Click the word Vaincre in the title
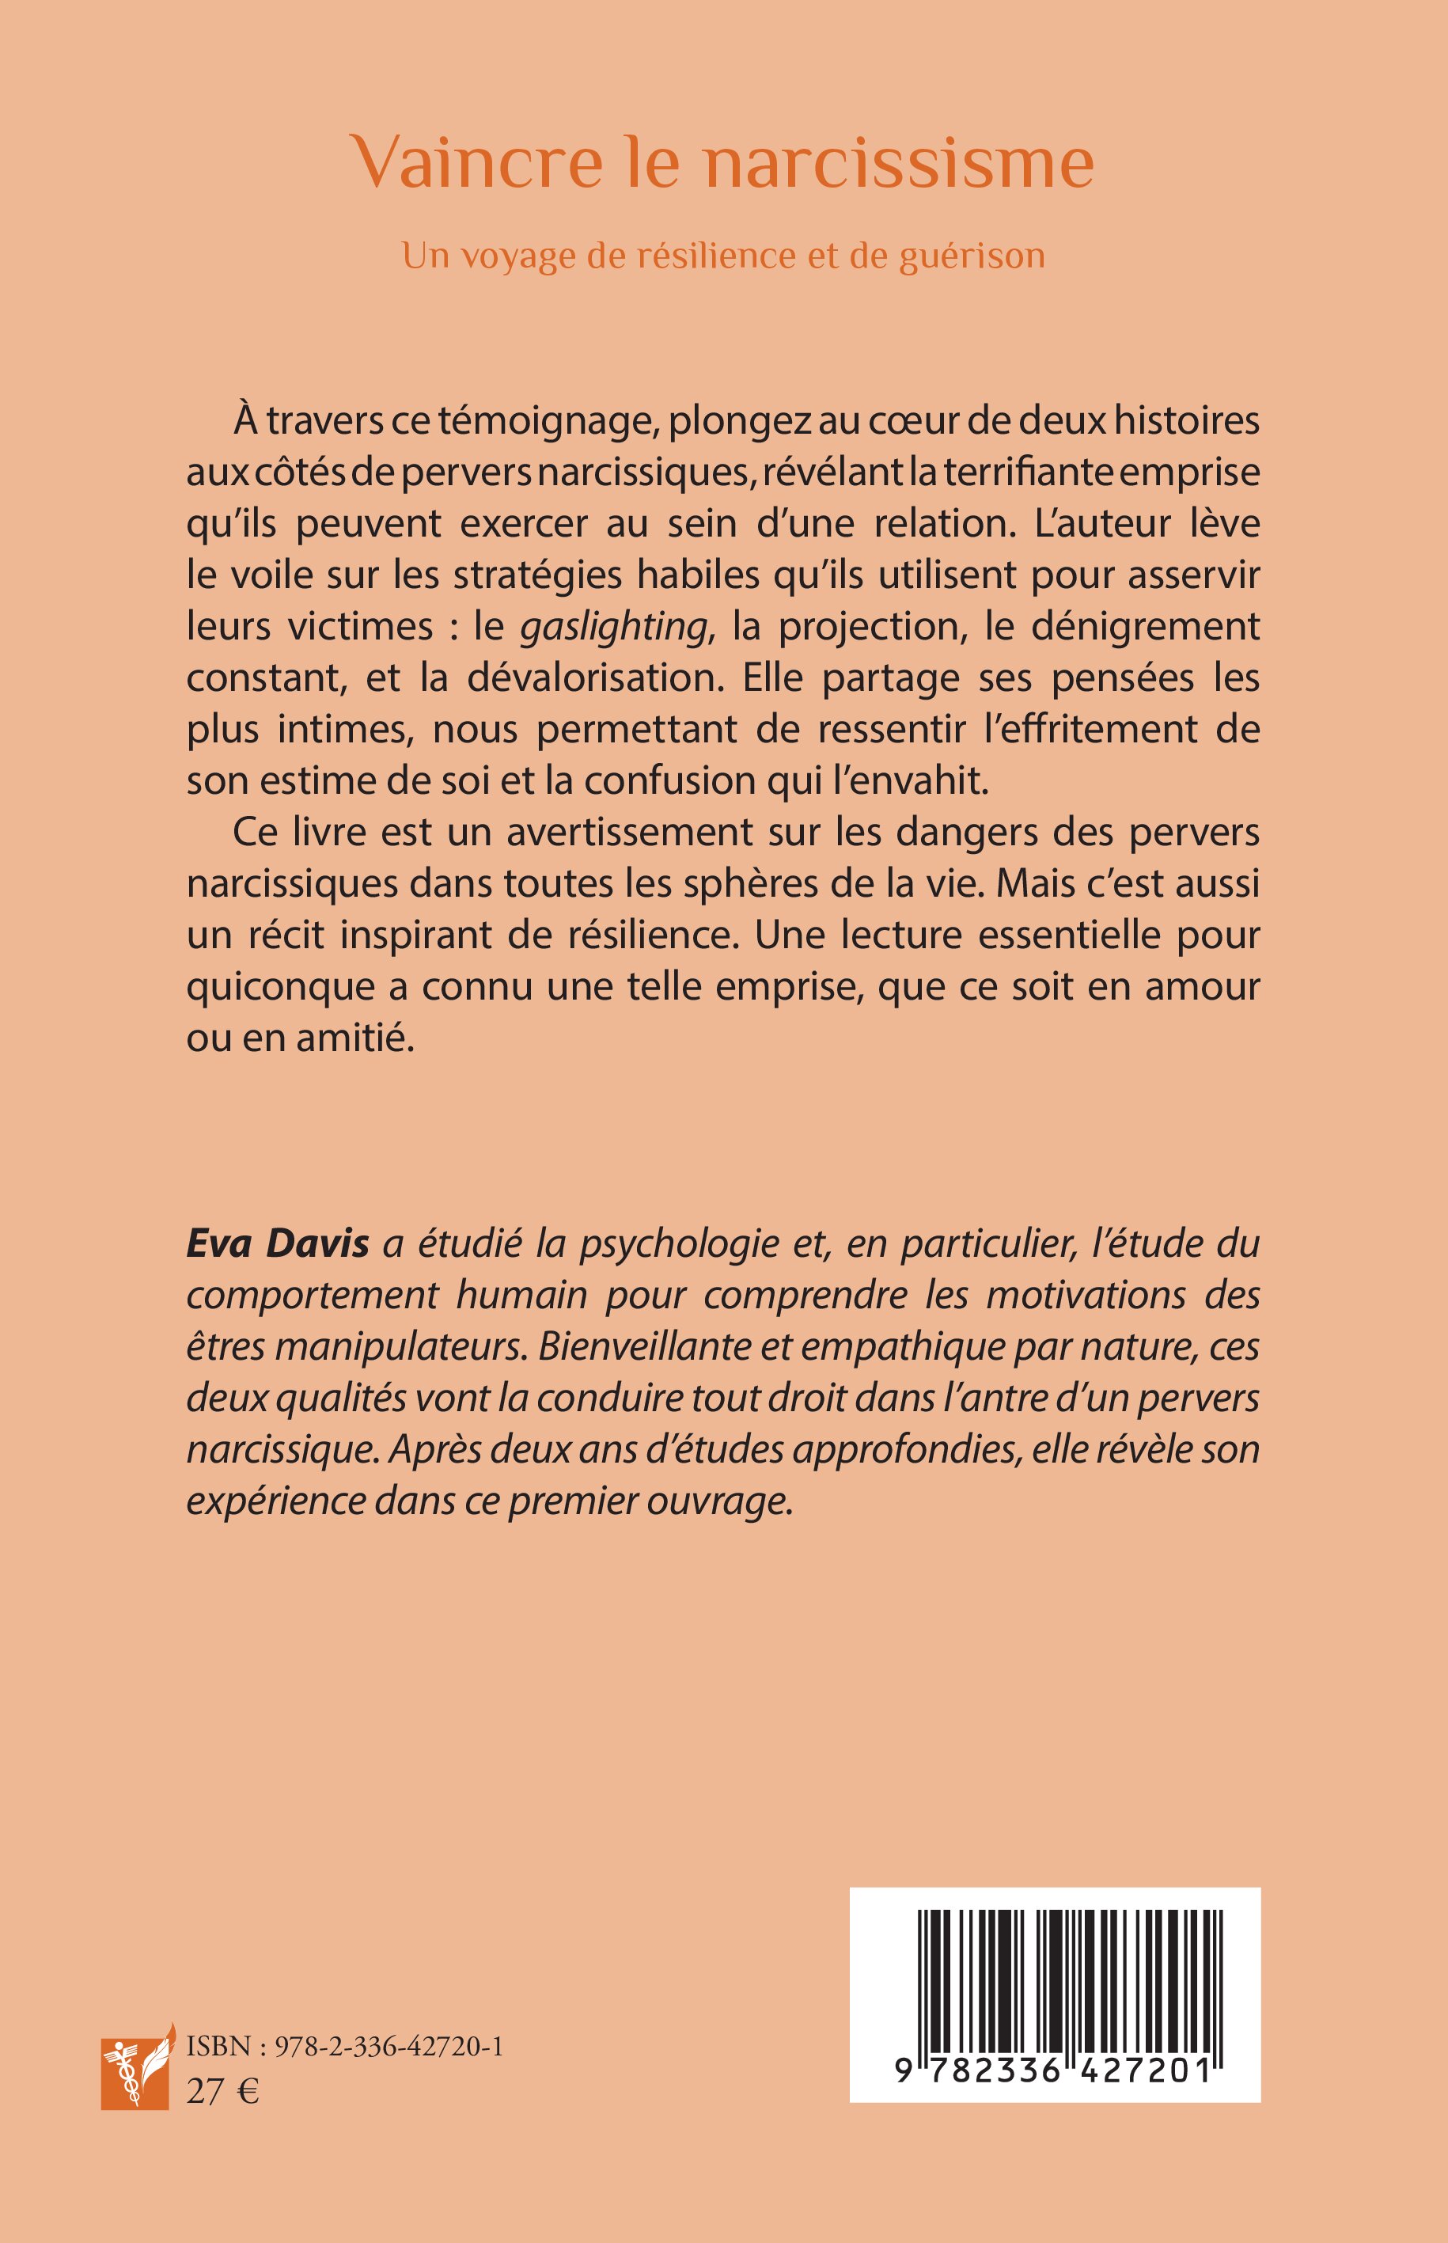(476, 163)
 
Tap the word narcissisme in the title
(899, 163)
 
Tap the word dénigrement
(1145, 626)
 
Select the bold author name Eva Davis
(278, 1244)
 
